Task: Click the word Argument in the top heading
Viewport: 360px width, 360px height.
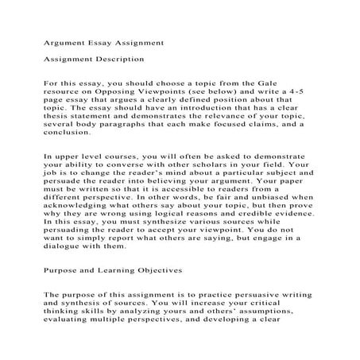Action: tap(64, 37)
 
